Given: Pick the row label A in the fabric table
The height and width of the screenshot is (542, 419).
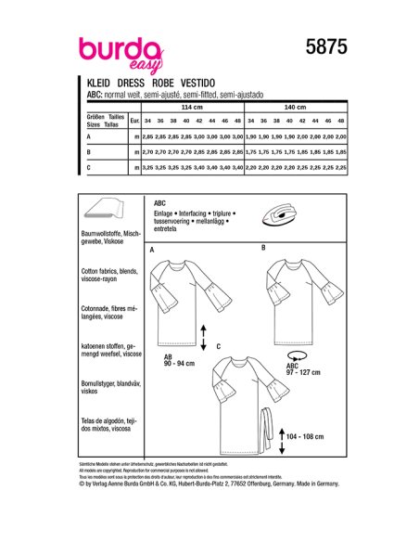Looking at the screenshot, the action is [87, 135].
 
